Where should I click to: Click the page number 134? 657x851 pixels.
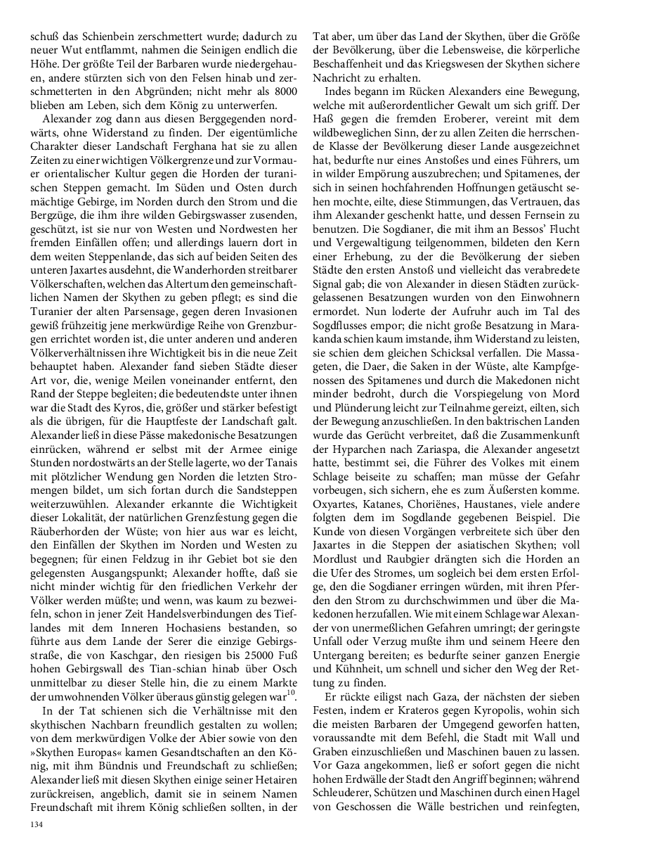pos(36,824)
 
